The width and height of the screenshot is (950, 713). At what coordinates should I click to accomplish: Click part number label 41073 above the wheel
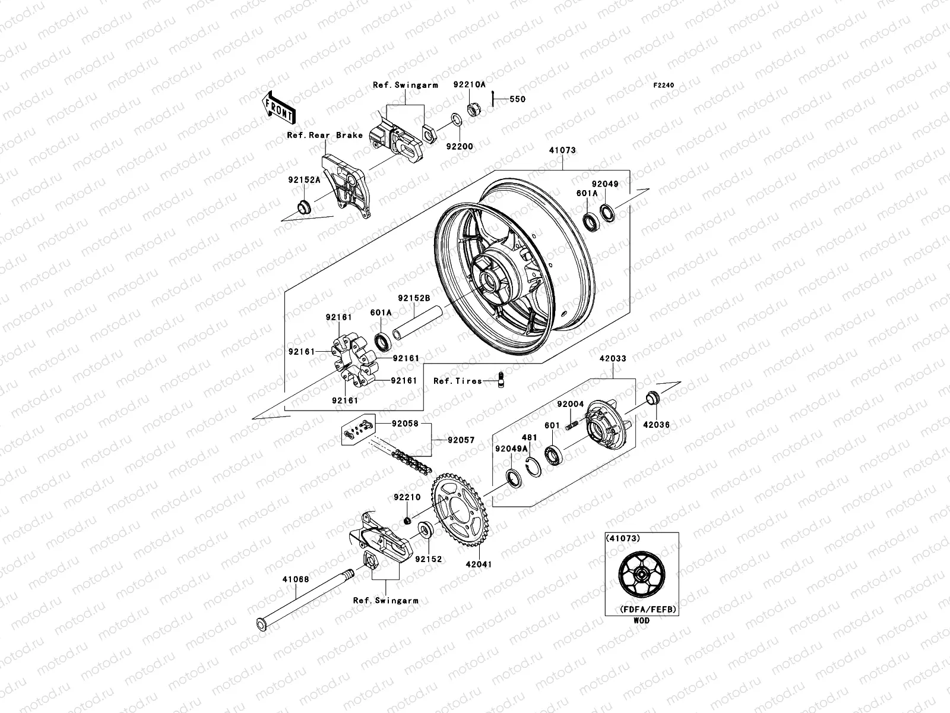pos(562,150)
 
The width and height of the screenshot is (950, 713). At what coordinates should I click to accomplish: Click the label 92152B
pos(414,299)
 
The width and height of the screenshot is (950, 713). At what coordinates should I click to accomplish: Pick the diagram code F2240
pos(664,86)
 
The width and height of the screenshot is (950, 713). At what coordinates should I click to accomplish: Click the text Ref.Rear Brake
pos(325,135)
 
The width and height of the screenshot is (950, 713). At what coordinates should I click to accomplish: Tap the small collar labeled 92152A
pos(304,208)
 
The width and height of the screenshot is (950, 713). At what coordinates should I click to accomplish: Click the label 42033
pos(612,358)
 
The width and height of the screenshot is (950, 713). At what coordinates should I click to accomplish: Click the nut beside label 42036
pos(652,397)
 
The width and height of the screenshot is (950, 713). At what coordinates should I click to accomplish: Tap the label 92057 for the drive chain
pos(462,440)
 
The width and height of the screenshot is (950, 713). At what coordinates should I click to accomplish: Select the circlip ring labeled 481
pos(533,465)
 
